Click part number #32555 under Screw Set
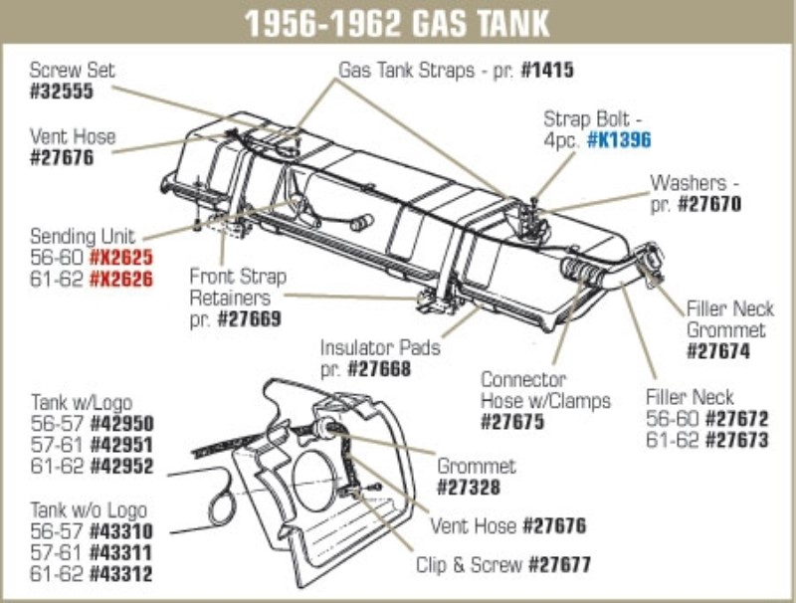63,92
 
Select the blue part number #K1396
618,141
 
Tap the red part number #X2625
121,258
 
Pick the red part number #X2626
121,279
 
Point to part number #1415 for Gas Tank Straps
546,72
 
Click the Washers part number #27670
709,205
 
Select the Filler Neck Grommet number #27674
719,351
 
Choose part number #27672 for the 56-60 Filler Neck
737,420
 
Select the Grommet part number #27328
471,488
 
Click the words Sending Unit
82,237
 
